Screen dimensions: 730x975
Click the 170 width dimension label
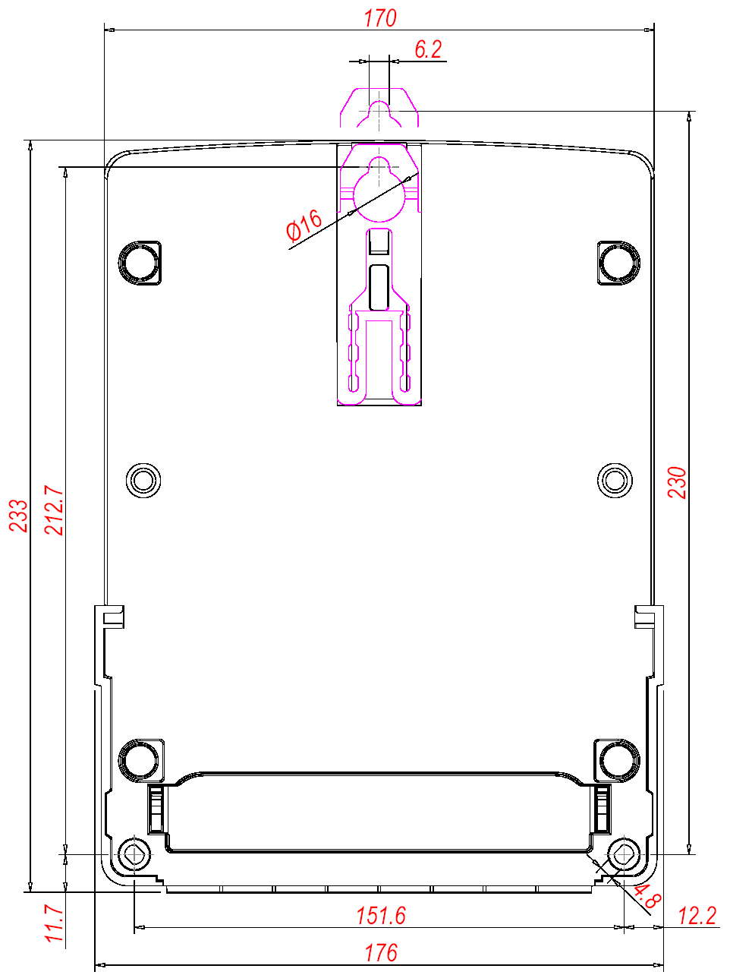click(380, 19)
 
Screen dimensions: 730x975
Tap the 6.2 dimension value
click(428, 49)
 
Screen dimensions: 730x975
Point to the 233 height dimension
click(19, 516)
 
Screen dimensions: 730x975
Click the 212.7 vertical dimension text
click(54, 510)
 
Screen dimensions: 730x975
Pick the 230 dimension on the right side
click(677, 482)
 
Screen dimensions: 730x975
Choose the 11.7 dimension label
click(54, 924)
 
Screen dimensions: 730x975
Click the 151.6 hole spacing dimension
click(381, 916)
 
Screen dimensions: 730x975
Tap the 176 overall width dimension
click(381, 953)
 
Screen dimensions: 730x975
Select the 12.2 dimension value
click(697, 916)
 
